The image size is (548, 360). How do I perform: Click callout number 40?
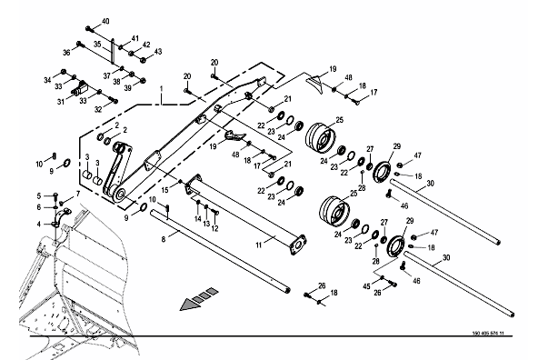pyautogui.click(x=105, y=21)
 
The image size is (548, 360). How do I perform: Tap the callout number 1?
pyautogui.click(x=161, y=89)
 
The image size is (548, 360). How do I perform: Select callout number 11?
pyautogui.click(x=259, y=245)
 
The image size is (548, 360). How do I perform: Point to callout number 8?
pyautogui.click(x=164, y=239)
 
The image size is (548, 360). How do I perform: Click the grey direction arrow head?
pyautogui.click(x=189, y=305)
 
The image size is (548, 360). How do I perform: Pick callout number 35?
pyautogui.click(x=97, y=45)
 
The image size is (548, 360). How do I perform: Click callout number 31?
pyautogui.click(x=61, y=102)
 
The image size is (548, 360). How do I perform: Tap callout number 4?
pyautogui.click(x=39, y=224)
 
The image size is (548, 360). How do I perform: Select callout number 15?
pyautogui.click(x=165, y=190)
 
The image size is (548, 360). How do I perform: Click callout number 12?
pyautogui.click(x=214, y=228)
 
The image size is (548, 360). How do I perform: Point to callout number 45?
pyautogui.click(x=366, y=286)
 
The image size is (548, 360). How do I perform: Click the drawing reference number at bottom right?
pyautogui.click(x=488, y=334)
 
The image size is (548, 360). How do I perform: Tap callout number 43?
pyautogui.click(x=158, y=52)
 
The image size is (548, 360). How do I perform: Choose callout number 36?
pyautogui.click(x=66, y=53)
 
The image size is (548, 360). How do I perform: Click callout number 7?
pyautogui.click(x=77, y=194)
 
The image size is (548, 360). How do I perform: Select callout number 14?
pyautogui.click(x=198, y=219)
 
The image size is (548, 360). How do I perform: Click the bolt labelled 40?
pyautogui.click(x=89, y=28)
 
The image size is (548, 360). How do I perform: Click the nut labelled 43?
pyautogui.click(x=143, y=60)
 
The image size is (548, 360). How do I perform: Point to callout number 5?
pyautogui.click(x=39, y=195)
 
